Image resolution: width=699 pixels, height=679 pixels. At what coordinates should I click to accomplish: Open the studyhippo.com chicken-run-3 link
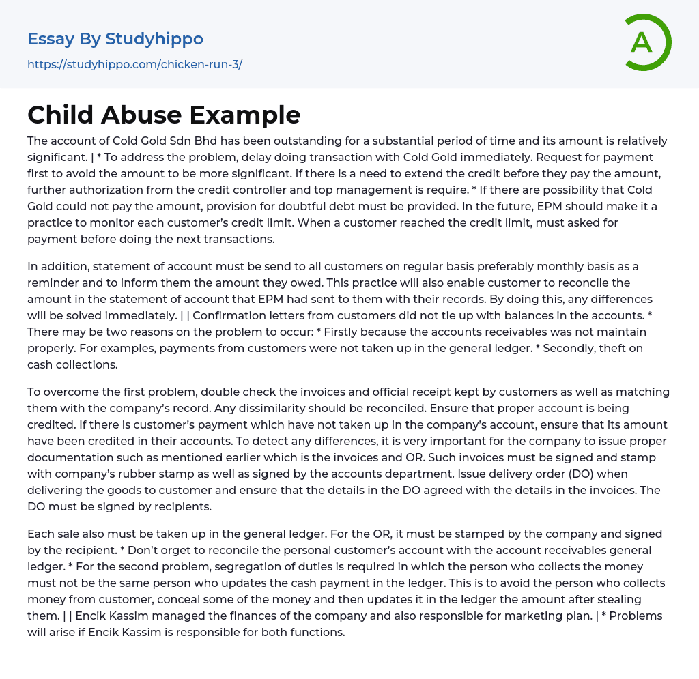(x=134, y=65)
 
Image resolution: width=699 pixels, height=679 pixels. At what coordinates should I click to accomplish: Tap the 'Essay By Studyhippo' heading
(x=115, y=39)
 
